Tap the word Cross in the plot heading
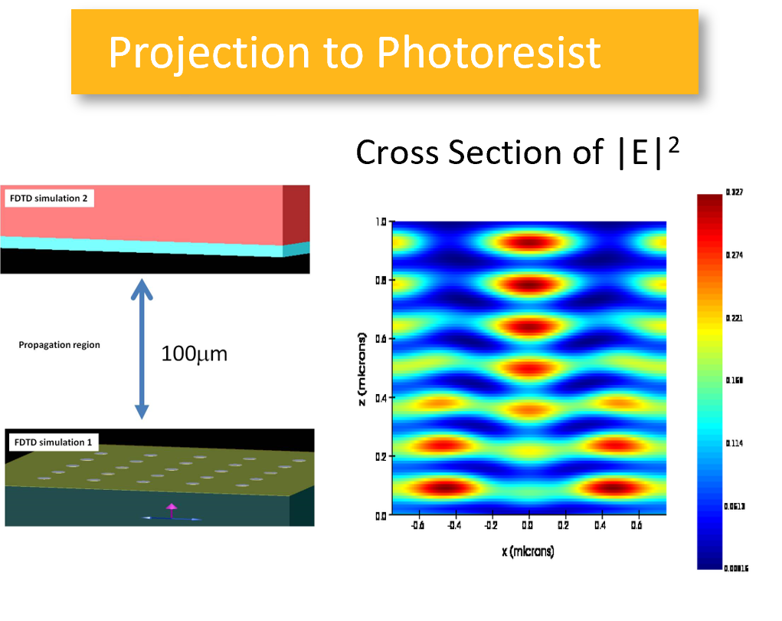[x=397, y=152]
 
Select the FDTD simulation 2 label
[x=48, y=199]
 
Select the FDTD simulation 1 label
[x=47, y=442]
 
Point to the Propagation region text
[x=59, y=345]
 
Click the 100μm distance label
[x=195, y=353]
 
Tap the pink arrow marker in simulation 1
[x=172, y=508]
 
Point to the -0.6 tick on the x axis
[x=417, y=526]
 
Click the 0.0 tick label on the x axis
[x=528, y=526]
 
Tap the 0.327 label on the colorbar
[x=735, y=192]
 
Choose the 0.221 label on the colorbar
[x=735, y=317]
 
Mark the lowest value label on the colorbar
[x=736, y=568]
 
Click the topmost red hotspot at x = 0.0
[x=528, y=244]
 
